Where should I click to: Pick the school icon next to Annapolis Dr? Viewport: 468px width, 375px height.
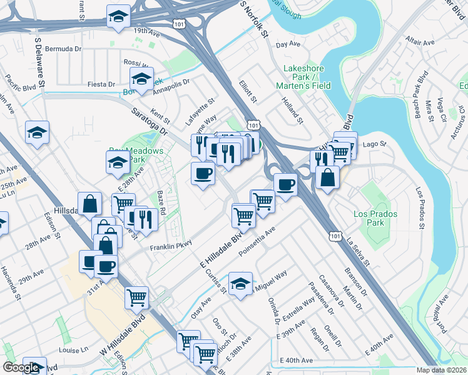[142, 79]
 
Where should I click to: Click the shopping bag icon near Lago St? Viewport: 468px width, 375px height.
[327, 177]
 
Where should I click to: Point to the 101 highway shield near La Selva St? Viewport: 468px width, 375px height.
[336, 236]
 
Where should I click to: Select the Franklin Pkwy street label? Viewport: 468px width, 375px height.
[170, 247]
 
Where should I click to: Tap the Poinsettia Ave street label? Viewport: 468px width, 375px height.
[257, 242]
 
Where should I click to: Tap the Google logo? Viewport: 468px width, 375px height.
[21, 367]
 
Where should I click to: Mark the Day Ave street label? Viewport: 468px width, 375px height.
[288, 44]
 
